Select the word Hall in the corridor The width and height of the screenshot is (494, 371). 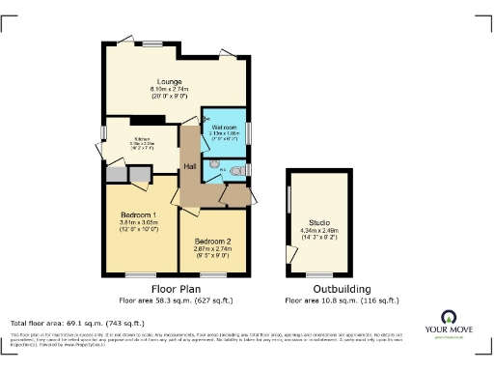coord(192,166)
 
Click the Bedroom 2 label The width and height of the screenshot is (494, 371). coord(211,241)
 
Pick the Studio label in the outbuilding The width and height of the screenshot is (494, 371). coord(319,221)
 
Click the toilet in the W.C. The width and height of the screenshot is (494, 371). coord(237,167)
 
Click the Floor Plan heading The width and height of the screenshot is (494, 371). coord(176,289)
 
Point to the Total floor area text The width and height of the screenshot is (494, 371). coord(77,323)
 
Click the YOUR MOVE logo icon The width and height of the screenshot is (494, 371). coord(449,316)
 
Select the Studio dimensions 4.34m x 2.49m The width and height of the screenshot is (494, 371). coord(319,230)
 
